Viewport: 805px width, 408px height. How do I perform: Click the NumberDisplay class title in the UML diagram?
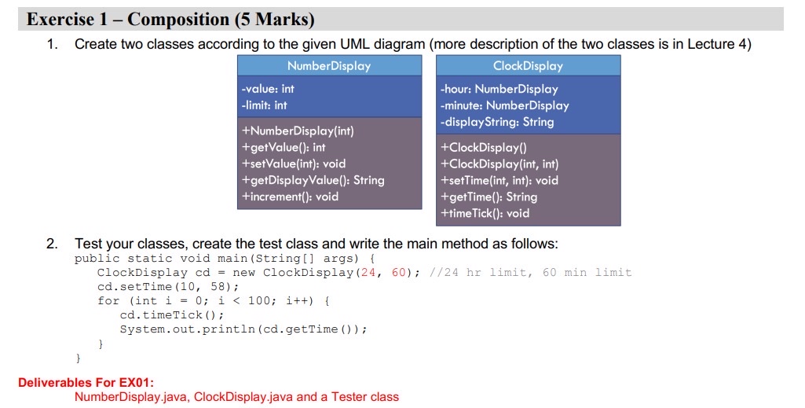329,66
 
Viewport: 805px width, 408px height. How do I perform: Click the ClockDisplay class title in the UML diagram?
529,66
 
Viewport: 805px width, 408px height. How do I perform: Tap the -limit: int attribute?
264,105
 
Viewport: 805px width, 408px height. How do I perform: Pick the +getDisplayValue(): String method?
313,180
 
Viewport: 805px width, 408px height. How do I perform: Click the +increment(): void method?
290,197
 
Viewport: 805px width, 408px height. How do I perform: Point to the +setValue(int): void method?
294,164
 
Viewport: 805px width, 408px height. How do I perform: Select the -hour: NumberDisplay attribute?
499,89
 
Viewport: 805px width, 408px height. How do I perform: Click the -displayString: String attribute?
497,122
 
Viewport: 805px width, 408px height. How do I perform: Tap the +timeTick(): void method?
485,213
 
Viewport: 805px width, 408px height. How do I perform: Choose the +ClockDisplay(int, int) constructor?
499,164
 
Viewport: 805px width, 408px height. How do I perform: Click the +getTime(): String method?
488,197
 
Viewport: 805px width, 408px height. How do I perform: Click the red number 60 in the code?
399,272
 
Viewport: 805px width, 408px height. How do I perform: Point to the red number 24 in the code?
368,272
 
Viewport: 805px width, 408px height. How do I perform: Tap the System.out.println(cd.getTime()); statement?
243,329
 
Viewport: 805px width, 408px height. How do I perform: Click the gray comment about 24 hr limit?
530,272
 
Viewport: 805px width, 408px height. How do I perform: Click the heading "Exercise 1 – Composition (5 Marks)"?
170,20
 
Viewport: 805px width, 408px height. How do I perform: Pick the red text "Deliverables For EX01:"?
86,382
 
